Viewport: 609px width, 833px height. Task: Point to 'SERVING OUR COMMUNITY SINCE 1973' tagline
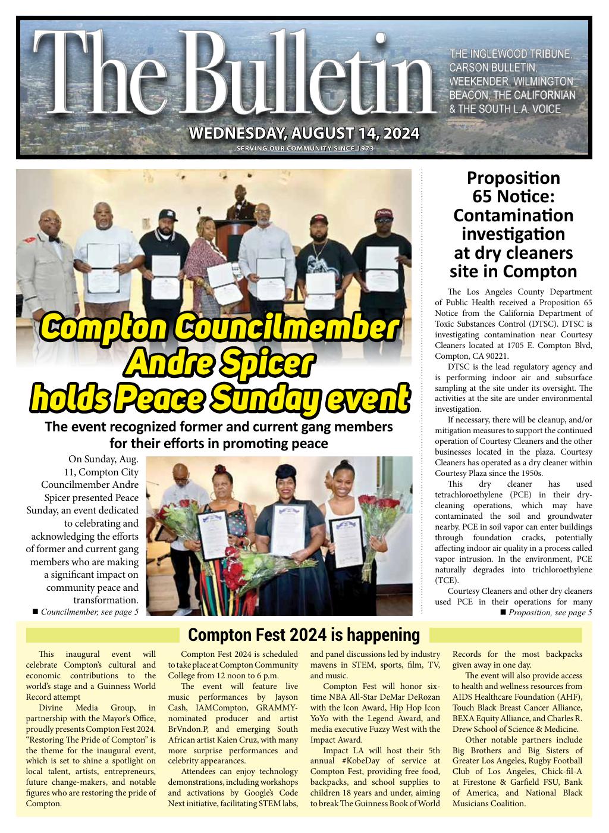coord(304,149)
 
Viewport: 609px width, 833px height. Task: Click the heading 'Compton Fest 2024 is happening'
coord(304,635)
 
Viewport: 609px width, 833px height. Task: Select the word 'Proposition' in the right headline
coord(513,178)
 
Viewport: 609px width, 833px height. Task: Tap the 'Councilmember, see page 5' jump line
coord(86,612)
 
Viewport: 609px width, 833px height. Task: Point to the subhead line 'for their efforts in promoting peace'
coord(219,444)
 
